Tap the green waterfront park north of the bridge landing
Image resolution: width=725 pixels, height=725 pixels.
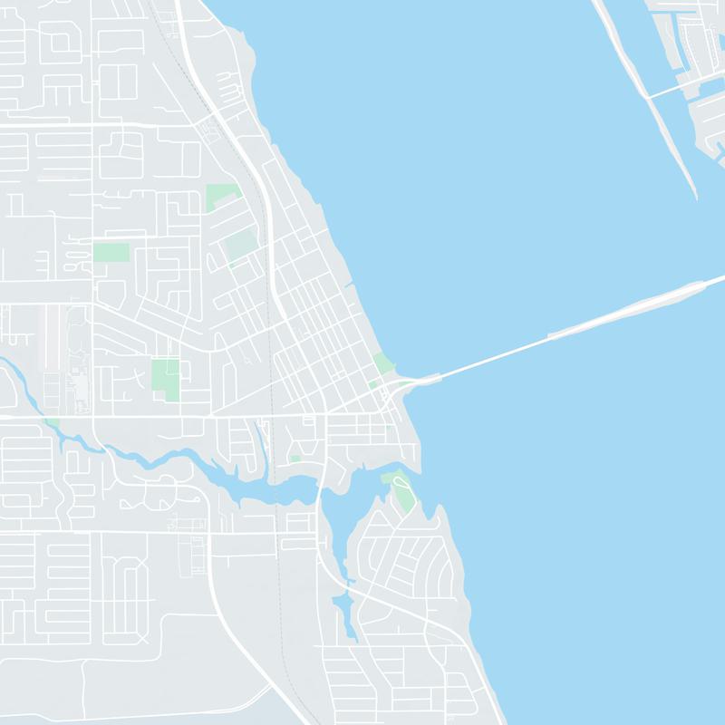tap(382, 362)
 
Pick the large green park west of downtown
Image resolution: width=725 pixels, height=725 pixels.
tap(166, 376)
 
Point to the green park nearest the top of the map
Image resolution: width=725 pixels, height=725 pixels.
tap(222, 196)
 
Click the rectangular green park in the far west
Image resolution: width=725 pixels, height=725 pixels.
tap(111, 251)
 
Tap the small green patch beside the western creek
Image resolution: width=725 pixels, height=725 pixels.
tap(53, 422)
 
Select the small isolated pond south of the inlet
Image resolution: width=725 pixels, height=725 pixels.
tap(342, 603)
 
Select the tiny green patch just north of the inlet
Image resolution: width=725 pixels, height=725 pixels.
tap(295, 459)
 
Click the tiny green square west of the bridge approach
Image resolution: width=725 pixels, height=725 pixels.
tap(372, 384)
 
